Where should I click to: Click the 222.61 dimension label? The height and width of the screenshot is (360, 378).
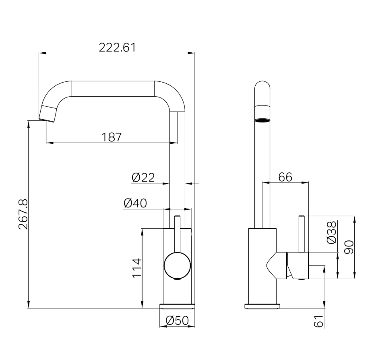pos(118,48)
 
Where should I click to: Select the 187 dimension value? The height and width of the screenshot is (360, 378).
pos(112,137)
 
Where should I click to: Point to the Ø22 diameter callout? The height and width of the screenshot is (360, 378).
pos(143,178)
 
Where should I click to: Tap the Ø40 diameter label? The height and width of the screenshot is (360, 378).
pos(135,203)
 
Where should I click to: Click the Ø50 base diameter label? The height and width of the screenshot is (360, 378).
pos(177,321)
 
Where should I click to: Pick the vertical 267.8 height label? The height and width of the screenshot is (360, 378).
pos(23,214)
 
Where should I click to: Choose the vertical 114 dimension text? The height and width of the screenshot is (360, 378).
pos(137,268)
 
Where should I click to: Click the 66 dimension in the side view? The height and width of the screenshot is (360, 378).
pos(285,177)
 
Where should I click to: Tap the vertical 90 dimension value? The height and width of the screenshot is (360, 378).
pos(349,247)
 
